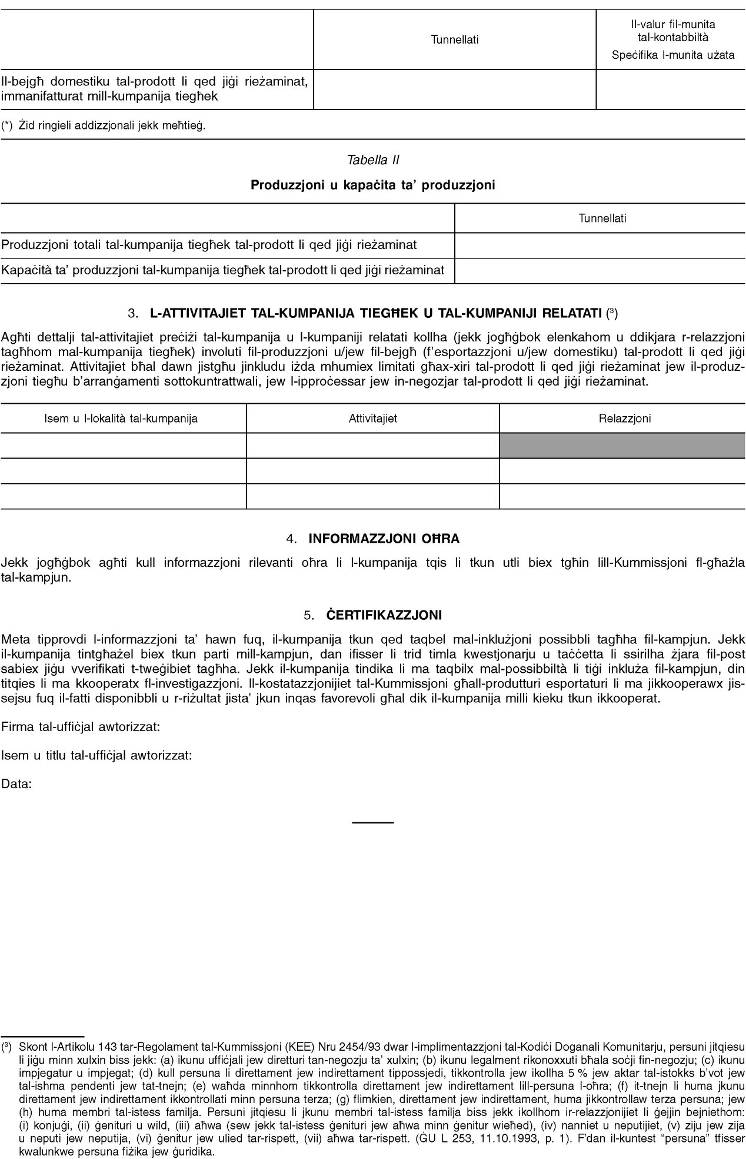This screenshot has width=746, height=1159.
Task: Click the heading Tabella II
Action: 373,160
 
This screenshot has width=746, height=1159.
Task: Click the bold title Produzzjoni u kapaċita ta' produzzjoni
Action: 373,185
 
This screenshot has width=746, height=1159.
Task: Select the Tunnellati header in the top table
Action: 455,39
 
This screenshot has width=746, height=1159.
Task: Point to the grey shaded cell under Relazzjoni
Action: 622,446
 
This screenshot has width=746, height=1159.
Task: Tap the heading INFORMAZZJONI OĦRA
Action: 384,539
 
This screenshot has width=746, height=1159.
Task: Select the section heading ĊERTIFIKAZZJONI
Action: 384,615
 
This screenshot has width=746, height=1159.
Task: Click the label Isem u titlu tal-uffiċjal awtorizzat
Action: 97,755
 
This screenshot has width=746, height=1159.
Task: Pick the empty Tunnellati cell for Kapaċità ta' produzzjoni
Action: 600,270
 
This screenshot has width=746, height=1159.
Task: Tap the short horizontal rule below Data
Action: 372,821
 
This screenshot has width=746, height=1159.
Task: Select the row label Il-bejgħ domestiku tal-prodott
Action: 155,88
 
